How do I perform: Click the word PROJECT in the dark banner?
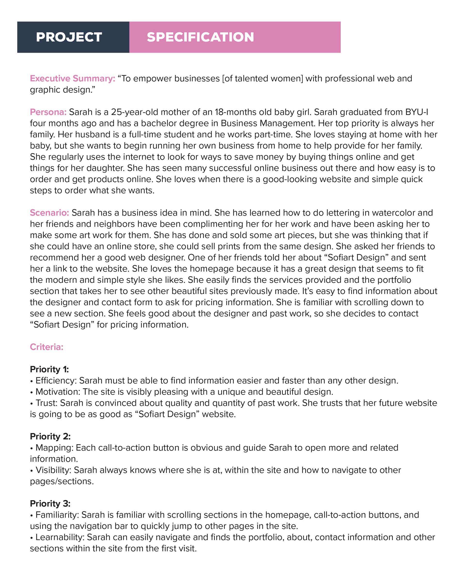tap(69, 37)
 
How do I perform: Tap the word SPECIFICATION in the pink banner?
tap(200, 37)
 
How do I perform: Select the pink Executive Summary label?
tap(72, 78)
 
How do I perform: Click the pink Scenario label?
tap(49, 212)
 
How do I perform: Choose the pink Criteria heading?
tap(46, 347)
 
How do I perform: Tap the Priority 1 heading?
tap(49, 369)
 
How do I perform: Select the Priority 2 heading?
tap(50, 436)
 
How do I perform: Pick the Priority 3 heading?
tap(50, 504)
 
